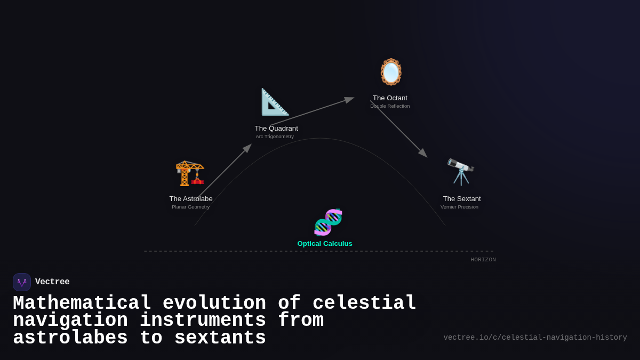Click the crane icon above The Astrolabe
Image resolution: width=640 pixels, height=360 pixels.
(x=190, y=173)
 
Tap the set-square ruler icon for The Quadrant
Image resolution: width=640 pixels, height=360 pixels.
(x=275, y=102)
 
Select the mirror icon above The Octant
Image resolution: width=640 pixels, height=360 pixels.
(x=391, y=71)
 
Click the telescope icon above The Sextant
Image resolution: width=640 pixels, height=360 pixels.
(x=461, y=171)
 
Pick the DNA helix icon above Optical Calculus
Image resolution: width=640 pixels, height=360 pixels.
(x=327, y=222)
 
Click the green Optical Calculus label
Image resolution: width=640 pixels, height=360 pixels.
(x=325, y=244)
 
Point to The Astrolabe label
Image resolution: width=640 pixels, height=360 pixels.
(x=191, y=199)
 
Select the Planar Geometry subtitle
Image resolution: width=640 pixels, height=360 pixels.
(x=191, y=207)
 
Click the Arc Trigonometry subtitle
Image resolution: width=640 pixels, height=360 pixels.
(x=275, y=137)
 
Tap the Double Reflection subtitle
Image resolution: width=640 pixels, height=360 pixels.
(x=390, y=106)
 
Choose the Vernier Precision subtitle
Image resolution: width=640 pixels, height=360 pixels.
(x=459, y=207)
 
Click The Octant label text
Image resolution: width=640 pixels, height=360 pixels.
(x=390, y=98)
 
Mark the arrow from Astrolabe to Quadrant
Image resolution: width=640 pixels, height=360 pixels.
(x=224, y=171)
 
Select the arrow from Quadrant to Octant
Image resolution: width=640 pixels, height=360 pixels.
(x=311, y=111)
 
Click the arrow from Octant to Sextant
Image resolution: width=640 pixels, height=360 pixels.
(x=398, y=129)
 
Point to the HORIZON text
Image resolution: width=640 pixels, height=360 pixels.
(x=483, y=260)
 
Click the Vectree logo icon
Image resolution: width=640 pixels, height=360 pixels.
(x=22, y=282)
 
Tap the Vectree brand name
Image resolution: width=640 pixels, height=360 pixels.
(x=52, y=282)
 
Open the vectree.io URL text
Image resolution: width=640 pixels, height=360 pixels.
(x=535, y=338)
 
